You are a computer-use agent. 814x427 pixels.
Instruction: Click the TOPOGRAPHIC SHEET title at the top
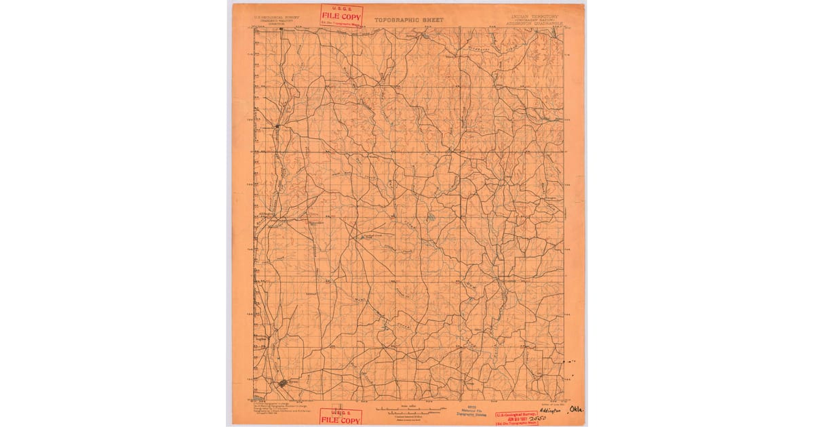click(x=408, y=20)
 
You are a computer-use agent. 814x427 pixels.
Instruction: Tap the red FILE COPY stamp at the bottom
click(x=341, y=416)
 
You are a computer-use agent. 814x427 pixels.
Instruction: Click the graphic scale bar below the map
click(x=409, y=409)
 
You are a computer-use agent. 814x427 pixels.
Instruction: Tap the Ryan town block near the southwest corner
click(x=284, y=383)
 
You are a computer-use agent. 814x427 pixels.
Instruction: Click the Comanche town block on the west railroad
click(x=278, y=126)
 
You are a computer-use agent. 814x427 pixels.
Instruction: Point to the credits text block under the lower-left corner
click(x=275, y=408)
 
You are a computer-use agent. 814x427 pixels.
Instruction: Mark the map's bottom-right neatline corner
click(x=564, y=401)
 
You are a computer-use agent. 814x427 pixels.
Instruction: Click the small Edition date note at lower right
click(x=549, y=404)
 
